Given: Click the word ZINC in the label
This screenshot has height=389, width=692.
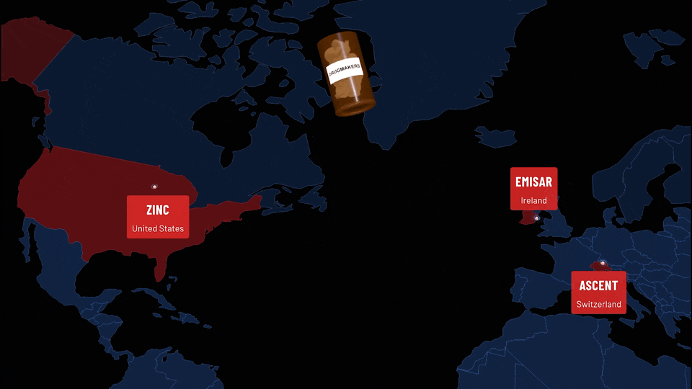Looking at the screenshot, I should click(x=158, y=210).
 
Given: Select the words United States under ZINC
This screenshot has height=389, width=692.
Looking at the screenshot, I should click(x=158, y=229).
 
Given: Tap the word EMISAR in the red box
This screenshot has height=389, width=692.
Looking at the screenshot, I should click(x=533, y=182).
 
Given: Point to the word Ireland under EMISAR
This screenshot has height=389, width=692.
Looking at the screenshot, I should click(x=533, y=200).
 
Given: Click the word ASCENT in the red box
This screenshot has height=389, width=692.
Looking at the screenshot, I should click(x=598, y=285).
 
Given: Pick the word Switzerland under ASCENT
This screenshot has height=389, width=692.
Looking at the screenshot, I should click(x=598, y=304).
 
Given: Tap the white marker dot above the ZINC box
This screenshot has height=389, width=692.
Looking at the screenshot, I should click(x=154, y=187).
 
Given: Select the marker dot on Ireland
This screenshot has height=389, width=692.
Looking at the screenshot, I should click(x=536, y=218).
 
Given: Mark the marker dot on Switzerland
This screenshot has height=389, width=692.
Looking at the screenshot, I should click(x=603, y=263).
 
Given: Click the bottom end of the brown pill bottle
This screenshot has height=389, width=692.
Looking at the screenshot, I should click(x=355, y=108).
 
